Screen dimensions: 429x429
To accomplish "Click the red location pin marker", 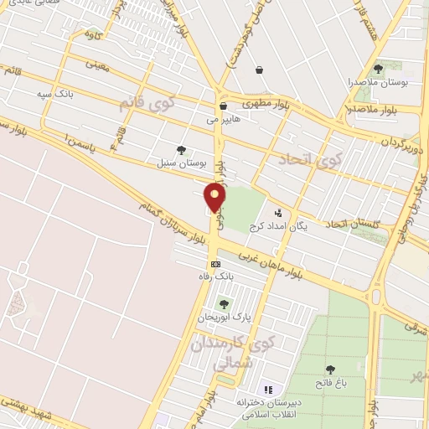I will tap(215, 198).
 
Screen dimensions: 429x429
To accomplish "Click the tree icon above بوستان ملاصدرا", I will tap(378, 70).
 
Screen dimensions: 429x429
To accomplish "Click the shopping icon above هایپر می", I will tap(223, 106).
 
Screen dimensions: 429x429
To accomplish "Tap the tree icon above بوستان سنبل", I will tap(181, 149).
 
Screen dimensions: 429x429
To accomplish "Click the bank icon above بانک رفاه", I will tap(216, 263).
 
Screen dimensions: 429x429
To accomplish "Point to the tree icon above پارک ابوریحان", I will tap(224, 303).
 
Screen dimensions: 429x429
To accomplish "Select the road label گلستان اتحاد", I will tap(353, 224).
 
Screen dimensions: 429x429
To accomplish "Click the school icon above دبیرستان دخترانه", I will tap(268, 389).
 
